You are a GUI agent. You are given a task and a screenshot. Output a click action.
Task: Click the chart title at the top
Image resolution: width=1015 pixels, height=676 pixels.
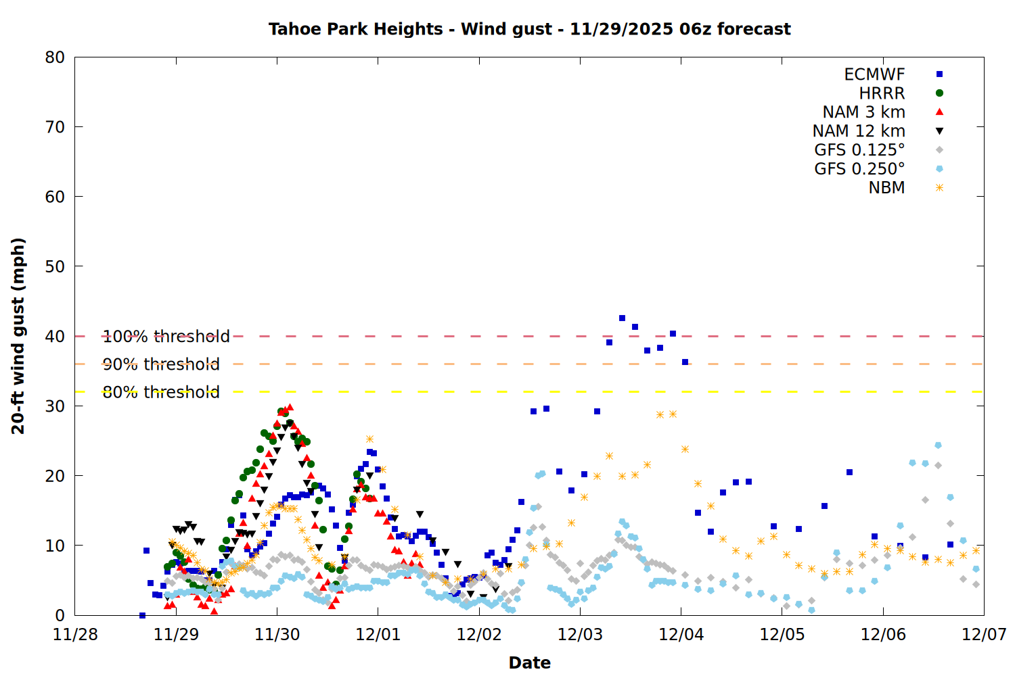coord(529,29)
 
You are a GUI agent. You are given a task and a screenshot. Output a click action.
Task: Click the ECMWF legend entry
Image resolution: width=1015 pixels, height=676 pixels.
coord(874,74)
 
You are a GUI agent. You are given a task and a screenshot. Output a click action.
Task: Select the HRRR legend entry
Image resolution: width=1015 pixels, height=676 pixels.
coord(882,93)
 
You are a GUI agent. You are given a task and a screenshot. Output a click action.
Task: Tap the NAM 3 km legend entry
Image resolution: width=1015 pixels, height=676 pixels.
coord(863,112)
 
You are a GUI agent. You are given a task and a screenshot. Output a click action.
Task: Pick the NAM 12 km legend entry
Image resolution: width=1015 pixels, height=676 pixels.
coord(859,131)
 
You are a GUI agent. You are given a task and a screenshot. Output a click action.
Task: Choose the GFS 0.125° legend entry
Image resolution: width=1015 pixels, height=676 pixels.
coord(859,150)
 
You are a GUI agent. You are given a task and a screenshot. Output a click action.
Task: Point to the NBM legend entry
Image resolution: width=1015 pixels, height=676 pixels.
coord(886,188)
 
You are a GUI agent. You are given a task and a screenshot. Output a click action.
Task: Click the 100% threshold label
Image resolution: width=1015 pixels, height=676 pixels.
coord(166,336)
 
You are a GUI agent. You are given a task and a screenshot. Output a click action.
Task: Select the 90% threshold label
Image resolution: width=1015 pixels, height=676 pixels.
coord(161,364)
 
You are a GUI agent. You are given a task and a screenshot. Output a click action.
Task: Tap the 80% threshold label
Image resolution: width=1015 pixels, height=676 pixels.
coord(161,392)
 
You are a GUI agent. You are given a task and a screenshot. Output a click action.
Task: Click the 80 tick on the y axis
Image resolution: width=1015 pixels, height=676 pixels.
coord(55,57)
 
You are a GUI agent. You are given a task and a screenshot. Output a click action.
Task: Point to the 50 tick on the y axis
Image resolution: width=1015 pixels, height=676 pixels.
coord(55,266)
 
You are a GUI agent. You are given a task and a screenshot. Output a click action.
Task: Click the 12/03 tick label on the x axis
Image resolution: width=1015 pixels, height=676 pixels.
coord(580,635)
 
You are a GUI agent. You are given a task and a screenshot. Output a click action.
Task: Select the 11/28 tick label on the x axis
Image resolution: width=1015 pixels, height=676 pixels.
coord(75,635)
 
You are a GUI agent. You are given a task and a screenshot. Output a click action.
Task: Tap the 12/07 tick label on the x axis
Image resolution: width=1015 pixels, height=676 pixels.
coord(984,635)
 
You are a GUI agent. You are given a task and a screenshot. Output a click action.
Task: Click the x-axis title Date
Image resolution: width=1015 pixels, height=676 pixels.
coord(529,662)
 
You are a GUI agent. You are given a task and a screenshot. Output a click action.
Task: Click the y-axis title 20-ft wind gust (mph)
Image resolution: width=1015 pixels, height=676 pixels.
coord(18,336)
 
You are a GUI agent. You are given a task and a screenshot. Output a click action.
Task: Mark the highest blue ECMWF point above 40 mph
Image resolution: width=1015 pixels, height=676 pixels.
coord(622,318)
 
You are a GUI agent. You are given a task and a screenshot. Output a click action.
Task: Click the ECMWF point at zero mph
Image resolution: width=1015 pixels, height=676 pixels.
coord(142,615)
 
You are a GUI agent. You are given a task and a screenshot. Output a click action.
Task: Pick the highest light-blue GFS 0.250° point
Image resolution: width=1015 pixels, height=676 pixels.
coord(938,445)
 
